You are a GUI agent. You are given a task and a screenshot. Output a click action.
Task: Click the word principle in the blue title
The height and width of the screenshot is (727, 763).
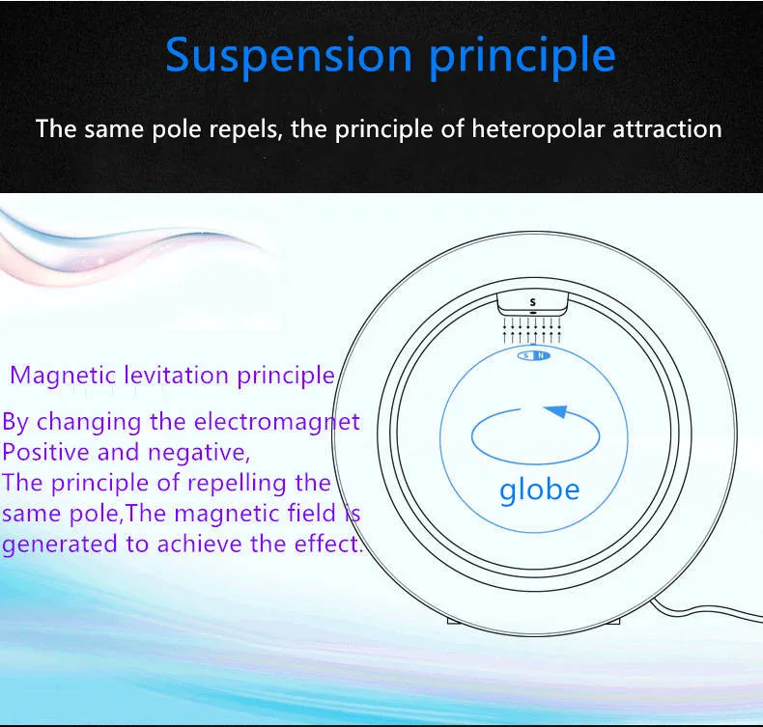coord(523,57)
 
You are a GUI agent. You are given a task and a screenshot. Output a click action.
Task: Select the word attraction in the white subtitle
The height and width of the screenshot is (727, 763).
coord(666,128)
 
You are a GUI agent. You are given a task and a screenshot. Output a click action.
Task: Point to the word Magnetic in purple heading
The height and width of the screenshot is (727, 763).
coord(63,377)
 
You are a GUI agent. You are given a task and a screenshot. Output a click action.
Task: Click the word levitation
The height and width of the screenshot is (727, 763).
coord(176,375)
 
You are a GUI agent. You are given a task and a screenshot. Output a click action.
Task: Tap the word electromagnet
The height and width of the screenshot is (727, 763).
coord(277,422)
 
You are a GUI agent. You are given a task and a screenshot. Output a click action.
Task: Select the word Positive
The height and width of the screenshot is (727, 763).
coord(46,452)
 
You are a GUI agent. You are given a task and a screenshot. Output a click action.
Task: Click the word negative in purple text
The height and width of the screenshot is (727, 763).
coord(199,453)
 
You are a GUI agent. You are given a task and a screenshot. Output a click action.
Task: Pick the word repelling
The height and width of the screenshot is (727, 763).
coord(237,484)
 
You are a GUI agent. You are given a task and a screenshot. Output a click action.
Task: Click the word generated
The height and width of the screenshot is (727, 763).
coord(60,545)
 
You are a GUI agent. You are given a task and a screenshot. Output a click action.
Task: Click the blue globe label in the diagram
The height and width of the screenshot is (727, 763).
coord(540,490)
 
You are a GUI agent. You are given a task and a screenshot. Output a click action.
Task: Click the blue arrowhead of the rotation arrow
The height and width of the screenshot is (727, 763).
coord(556,411)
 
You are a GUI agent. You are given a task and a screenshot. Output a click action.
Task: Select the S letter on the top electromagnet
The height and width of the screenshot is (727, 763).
coord(533,302)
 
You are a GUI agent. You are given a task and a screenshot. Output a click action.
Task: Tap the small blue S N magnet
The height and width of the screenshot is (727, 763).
coord(534,355)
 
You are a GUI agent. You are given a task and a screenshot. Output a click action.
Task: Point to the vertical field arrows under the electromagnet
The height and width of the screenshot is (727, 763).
coord(532,331)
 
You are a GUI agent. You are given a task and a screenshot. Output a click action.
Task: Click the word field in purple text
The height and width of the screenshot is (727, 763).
coord(311,513)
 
